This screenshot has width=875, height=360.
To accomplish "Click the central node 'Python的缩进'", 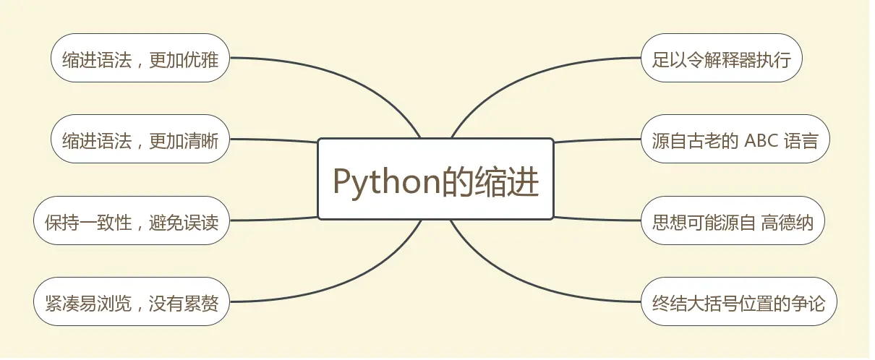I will click(x=435, y=179).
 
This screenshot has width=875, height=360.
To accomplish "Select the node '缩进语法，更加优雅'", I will click(x=140, y=58).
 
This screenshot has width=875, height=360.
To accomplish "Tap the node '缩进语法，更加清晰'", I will click(x=140, y=140).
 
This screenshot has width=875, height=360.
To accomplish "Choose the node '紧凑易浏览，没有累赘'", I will click(x=131, y=301).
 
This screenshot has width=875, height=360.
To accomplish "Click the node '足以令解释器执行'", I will click(x=721, y=58).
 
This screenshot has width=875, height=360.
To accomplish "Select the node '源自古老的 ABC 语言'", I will click(x=735, y=140).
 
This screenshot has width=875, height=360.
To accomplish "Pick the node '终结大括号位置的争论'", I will click(x=738, y=301).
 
